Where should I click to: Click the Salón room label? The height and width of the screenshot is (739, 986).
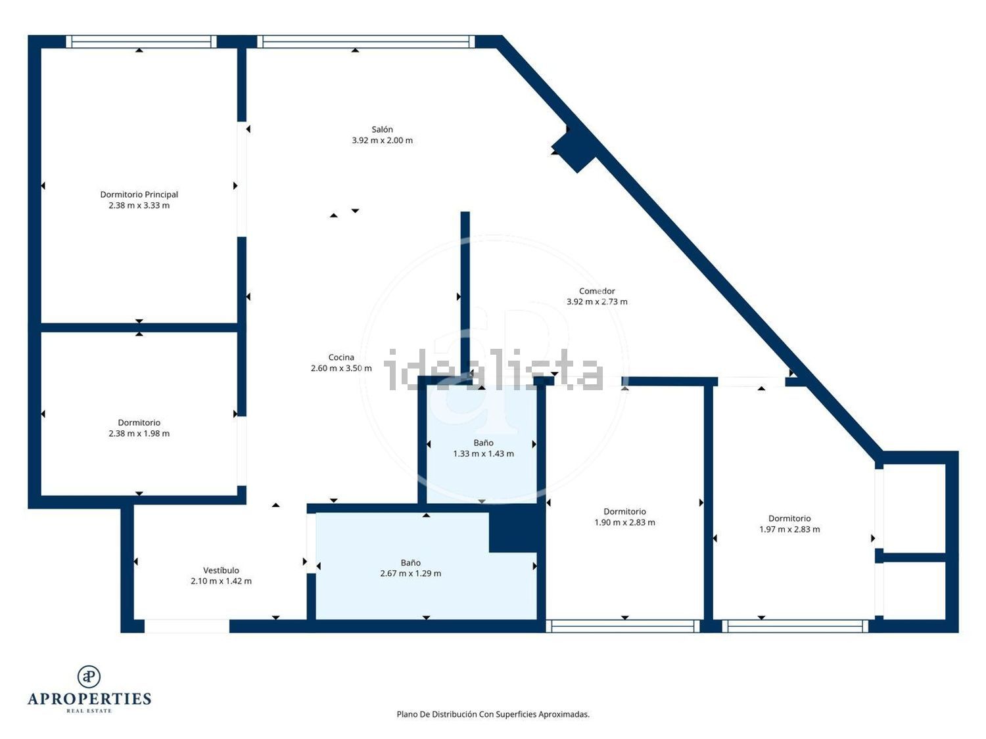tap(382, 129)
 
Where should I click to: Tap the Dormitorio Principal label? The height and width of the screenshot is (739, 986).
tap(139, 194)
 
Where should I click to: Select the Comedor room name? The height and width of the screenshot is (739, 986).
tap(597, 291)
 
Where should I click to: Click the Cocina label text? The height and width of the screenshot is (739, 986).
tap(341, 357)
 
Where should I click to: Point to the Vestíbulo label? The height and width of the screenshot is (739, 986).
tap(221, 571)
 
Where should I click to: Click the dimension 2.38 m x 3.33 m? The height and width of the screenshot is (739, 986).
tap(139, 206)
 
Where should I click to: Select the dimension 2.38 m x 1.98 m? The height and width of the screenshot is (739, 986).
tap(139, 434)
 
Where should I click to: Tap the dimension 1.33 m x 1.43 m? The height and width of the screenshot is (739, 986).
tap(483, 454)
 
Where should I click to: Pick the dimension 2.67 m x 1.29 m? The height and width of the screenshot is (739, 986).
tap(411, 573)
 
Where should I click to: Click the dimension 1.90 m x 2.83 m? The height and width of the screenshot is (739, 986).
tap(625, 522)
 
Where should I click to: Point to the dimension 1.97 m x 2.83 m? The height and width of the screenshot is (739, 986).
tap(789, 529)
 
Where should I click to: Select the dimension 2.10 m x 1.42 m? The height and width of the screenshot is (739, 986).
tap(221, 581)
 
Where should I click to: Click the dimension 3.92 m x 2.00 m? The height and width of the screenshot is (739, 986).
tap(383, 141)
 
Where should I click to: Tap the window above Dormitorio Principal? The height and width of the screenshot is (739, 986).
tap(141, 42)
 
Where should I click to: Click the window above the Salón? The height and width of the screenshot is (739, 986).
tap(366, 42)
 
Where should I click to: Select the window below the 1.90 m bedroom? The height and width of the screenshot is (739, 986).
tap(623, 627)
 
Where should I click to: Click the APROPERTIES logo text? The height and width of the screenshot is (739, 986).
tap(89, 699)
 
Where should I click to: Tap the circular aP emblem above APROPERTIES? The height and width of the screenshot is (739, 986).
tap(89, 677)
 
